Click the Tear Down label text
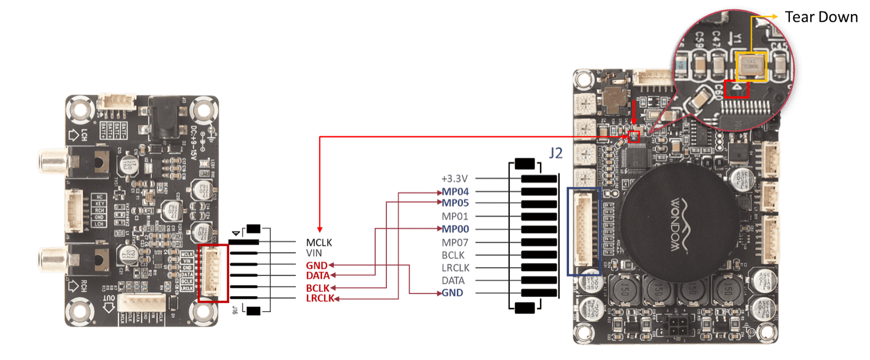(x=821, y=17)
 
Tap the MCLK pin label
(x=319, y=242)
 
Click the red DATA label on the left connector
(x=318, y=275)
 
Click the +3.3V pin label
(x=455, y=179)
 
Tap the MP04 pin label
(x=455, y=191)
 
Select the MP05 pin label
(x=455, y=203)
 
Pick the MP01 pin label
(x=455, y=217)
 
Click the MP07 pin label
(x=455, y=242)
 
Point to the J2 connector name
(x=555, y=153)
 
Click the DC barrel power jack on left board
(x=165, y=117)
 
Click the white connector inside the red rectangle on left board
(x=213, y=273)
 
